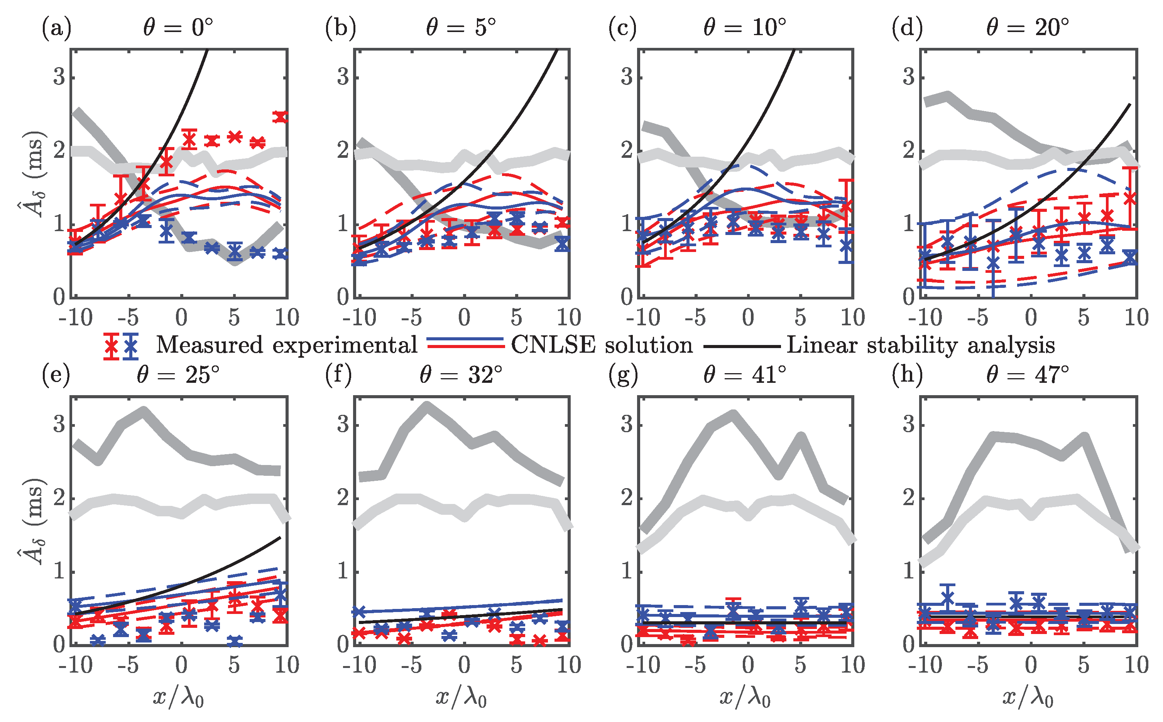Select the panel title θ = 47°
pos(1028,375)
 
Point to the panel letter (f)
pos(338,374)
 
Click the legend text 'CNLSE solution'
pos(602,345)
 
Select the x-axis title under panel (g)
pos(745,698)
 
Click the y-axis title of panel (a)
pos(32,173)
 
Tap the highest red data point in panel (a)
pos(281,117)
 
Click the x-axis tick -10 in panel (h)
pos(925,665)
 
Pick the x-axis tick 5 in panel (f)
pos(516,665)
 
